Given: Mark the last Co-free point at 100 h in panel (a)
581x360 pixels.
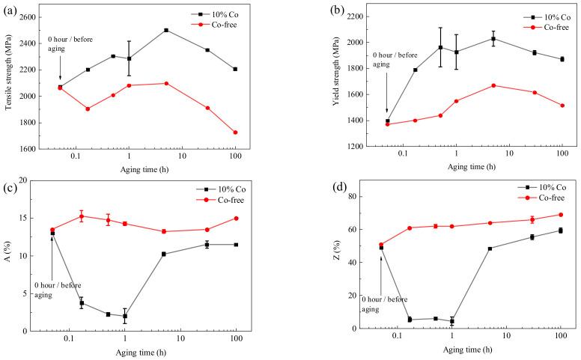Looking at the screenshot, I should click(235, 132).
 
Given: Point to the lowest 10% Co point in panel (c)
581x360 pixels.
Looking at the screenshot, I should click(125, 316).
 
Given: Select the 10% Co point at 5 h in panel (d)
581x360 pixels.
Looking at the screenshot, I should click(490, 248).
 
